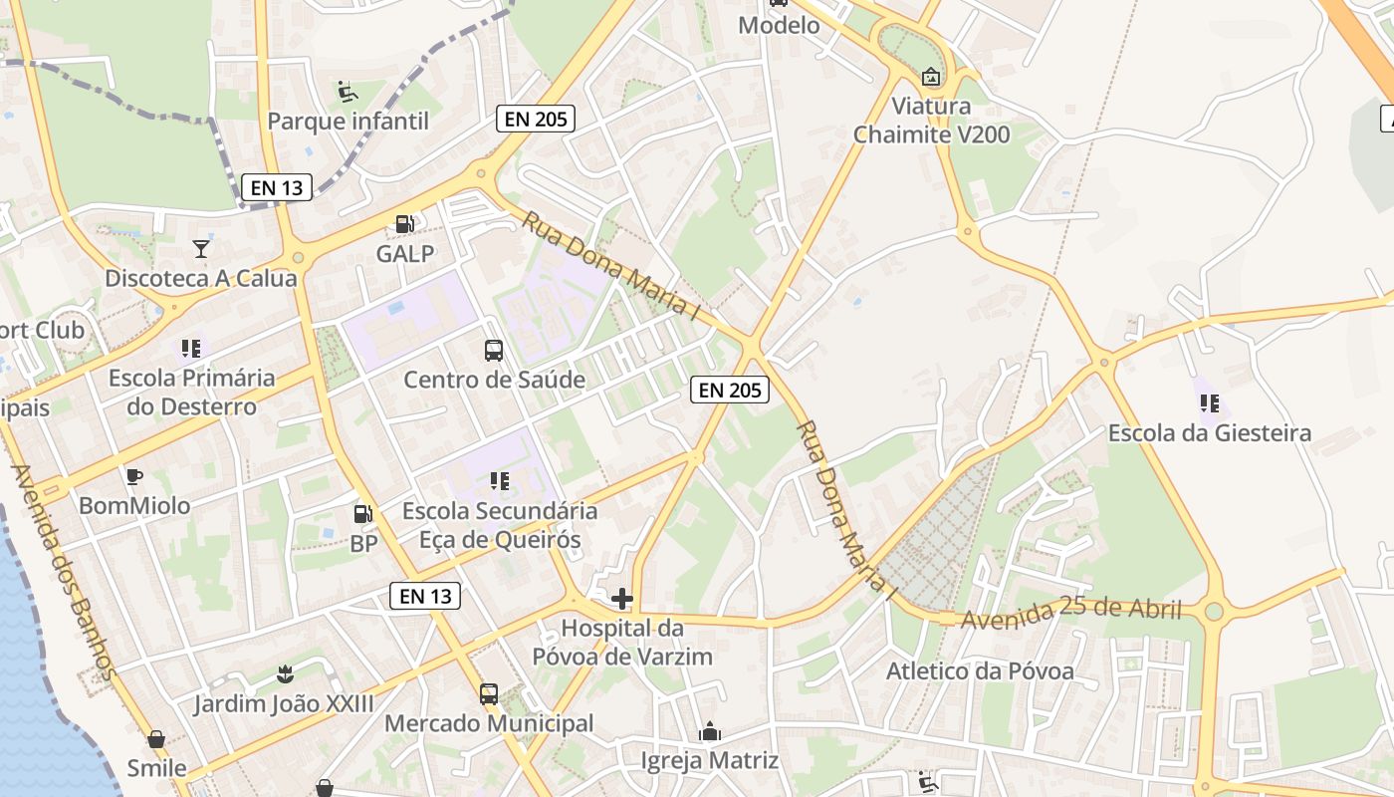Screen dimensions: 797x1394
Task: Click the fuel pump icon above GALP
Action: tap(404, 225)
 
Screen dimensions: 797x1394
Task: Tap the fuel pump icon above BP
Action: tap(363, 515)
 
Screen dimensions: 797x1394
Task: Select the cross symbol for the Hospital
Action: tap(622, 599)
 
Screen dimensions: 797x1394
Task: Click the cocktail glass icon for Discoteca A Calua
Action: tap(201, 249)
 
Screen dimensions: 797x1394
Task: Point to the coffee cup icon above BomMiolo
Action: tap(134, 476)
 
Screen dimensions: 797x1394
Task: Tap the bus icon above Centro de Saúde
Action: tap(494, 350)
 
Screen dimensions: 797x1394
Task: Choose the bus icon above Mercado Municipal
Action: tap(489, 694)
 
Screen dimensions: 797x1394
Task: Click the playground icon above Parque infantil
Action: tap(348, 92)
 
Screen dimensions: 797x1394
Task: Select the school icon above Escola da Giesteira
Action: tap(1210, 403)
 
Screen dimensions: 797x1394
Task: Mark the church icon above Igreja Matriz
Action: tap(710, 732)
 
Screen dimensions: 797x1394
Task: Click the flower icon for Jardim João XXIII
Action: tap(285, 674)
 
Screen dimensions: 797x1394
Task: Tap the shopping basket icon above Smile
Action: tap(156, 739)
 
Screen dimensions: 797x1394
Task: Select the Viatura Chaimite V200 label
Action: tap(931, 121)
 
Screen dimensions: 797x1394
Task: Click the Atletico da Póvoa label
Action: tap(980, 671)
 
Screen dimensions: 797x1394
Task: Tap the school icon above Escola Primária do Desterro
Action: tap(191, 349)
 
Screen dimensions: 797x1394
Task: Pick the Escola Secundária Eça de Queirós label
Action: tap(500, 526)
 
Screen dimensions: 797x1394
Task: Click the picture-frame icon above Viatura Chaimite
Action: tap(930, 77)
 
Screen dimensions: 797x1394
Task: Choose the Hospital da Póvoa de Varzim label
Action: tap(622, 643)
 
